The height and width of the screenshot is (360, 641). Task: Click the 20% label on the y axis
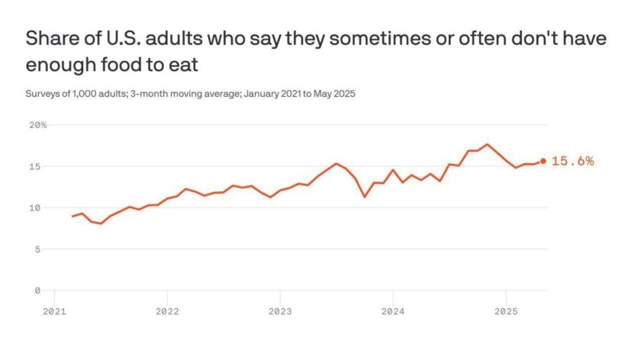(x=37, y=125)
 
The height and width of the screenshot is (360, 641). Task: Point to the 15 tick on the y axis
(x=35, y=167)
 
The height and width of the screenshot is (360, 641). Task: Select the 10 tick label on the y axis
(x=35, y=208)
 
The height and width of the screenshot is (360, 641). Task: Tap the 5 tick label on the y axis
(x=37, y=249)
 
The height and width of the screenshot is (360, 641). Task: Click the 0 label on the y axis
(x=37, y=291)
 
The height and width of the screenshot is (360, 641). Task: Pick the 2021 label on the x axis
(x=54, y=311)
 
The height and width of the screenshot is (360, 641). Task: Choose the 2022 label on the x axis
(x=167, y=311)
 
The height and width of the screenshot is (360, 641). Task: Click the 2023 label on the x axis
(x=280, y=311)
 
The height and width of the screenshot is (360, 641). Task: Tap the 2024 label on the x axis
(x=393, y=311)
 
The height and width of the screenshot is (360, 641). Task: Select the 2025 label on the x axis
(x=506, y=311)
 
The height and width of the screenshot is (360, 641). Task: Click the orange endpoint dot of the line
(x=543, y=161)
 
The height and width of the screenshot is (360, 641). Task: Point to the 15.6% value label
(x=573, y=161)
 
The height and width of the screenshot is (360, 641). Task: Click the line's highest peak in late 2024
(x=487, y=144)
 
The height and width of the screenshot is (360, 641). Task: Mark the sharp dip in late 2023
(x=364, y=197)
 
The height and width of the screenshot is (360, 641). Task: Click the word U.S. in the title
(x=124, y=38)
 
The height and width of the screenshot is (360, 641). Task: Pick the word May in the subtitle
(x=322, y=95)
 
